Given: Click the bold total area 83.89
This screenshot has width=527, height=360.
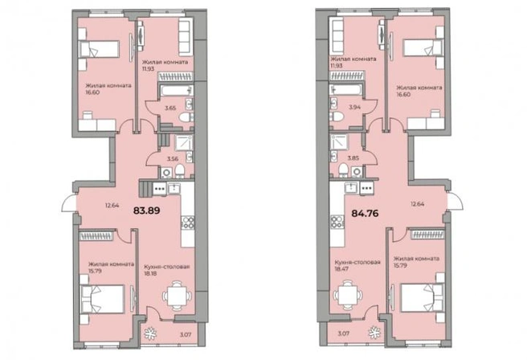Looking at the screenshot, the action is (x=146, y=211).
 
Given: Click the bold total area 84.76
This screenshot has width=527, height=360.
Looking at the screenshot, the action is (x=365, y=213).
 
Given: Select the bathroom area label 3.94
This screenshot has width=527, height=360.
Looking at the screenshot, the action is (x=354, y=107).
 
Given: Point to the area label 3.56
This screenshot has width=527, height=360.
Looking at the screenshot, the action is (x=173, y=158).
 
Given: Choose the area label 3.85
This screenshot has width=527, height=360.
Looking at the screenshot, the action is (x=353, y=157).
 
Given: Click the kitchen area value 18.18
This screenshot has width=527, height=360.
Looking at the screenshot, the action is (x=150, y=273).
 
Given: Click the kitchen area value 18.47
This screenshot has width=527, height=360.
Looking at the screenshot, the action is (x=341, y=269).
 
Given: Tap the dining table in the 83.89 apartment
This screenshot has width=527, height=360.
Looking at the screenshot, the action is (x=177, y=296).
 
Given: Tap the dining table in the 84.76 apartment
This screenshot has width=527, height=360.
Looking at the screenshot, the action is (x=348, y=295).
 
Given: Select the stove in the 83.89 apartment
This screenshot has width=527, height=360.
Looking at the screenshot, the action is (x=188, y=223).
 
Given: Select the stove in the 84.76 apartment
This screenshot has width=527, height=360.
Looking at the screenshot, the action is (x=337, y=222).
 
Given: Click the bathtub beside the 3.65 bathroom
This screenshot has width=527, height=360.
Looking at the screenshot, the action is (x=176, y=91).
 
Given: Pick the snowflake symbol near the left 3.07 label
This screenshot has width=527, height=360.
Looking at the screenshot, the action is (x=150, y=333).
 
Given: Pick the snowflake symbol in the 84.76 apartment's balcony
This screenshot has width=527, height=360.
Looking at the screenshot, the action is (x=374, y=332).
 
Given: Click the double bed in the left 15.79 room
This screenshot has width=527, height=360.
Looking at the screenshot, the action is (x=103, y=299).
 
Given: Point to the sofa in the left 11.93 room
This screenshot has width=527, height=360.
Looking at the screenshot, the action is (x=185, y=37).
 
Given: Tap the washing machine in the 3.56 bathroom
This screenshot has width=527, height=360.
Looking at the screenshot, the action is (x=166, y=173).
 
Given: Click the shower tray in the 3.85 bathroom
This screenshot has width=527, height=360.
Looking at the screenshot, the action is (x=338, y=142).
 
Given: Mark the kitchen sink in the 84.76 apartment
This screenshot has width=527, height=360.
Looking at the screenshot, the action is (x=352, y=187).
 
